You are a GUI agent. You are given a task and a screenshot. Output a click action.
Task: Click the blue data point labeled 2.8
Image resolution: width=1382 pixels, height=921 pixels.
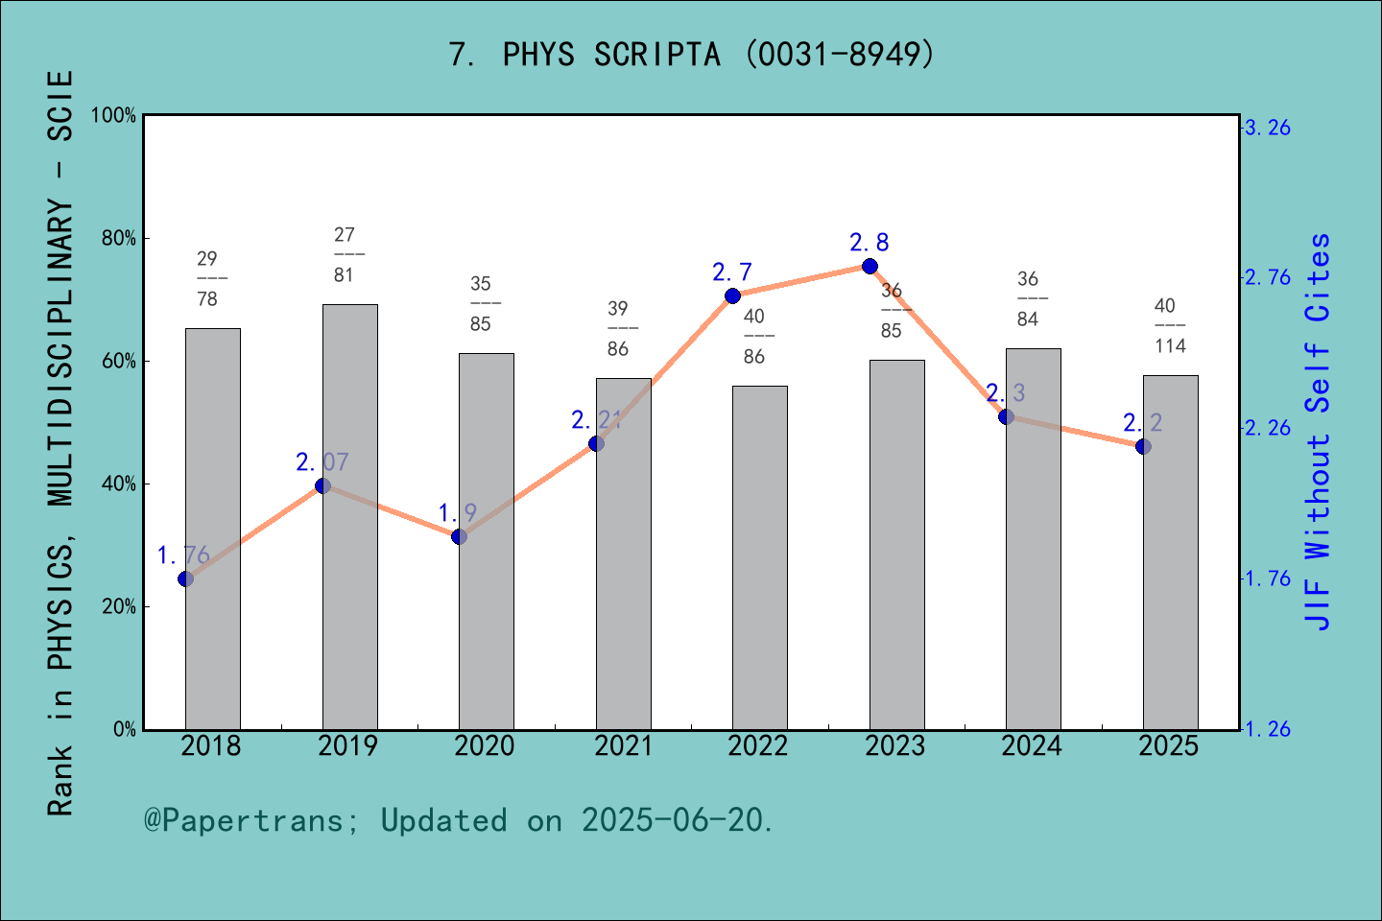click(870, 266)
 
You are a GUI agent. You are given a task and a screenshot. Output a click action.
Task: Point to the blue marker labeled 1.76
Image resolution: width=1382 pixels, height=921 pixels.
click(185, 579)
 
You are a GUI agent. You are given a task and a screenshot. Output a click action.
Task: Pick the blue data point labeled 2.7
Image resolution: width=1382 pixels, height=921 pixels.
click(732, 295)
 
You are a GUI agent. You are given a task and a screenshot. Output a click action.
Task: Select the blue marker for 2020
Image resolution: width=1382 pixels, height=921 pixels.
click(459, 536)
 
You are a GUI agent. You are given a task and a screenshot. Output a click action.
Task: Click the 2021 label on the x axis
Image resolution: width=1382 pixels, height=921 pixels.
click(623, 746)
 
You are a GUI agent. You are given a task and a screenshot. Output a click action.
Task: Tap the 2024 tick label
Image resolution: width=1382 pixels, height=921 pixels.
click(1032, 746)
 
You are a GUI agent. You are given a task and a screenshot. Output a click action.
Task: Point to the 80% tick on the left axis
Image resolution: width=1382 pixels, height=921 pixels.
click(119, 239)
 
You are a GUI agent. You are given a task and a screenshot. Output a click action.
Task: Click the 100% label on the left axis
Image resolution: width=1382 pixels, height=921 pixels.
click(114, 116)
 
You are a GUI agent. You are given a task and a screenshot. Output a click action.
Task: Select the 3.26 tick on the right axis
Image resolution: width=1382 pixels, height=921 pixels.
click(1268, 128)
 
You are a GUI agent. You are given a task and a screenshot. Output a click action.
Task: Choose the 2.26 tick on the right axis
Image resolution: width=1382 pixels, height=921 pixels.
click(1268, 428)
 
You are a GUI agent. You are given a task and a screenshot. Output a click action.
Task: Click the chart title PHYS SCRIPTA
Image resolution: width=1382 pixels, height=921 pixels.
click(691, 55)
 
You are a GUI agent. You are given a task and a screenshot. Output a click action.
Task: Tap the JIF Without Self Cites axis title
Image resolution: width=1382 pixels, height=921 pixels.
click(1319, 432)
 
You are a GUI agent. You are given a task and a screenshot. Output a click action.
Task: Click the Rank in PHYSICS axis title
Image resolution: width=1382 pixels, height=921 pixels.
click(60, 441)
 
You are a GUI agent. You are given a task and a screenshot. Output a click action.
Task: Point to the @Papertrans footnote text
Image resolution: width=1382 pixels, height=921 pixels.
click(459, 821)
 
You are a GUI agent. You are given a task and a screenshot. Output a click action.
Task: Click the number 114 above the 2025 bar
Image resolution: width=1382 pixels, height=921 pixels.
click(1170, 346)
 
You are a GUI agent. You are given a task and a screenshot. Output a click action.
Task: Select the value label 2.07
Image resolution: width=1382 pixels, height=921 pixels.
click(322, 462)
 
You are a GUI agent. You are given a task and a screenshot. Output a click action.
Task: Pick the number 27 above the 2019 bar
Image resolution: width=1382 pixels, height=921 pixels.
click(345, 235)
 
